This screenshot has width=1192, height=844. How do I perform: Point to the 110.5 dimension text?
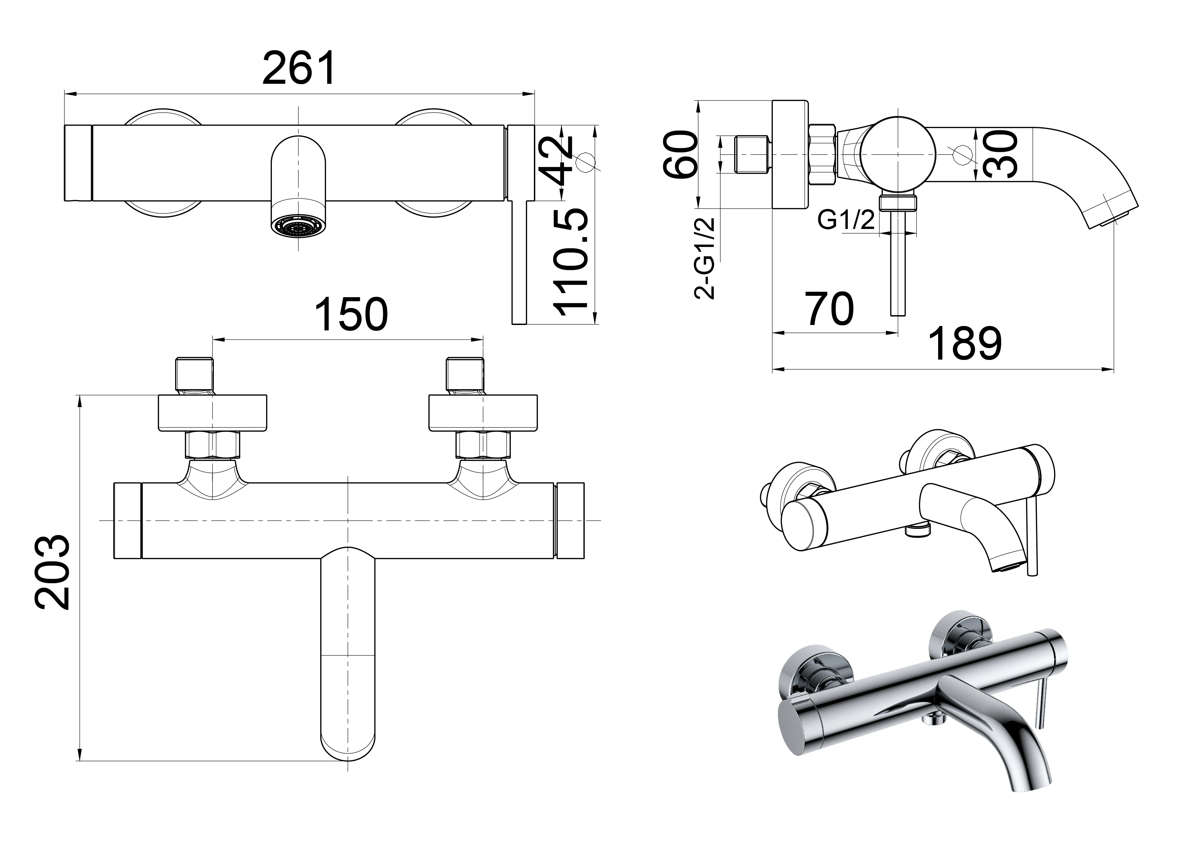(x=571, y=263)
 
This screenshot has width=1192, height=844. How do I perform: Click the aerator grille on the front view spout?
(x=298, y=227)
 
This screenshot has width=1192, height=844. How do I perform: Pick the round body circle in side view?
(x=897, y=155)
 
